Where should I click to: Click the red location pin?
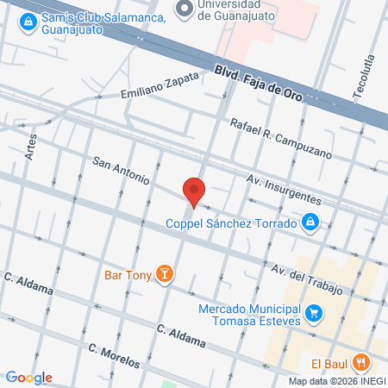click(194, 191)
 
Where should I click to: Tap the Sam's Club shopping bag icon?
click(28, 20)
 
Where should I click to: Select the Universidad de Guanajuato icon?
click(183, 8)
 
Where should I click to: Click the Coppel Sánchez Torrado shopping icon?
click(311, 224)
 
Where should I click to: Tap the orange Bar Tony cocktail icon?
click(164, 275)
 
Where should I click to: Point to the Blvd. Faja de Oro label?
click(260, 83)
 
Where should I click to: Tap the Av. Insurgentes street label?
click(284, 187)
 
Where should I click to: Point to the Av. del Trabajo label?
click(307, 279)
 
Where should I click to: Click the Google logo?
click(28, 377)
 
